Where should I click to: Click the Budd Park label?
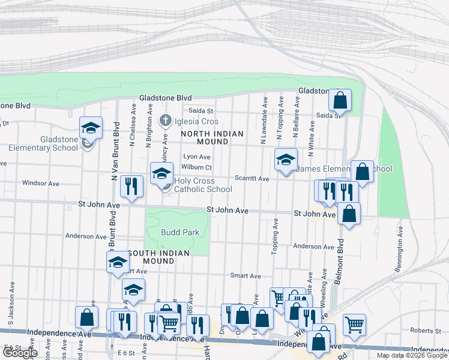click(x=179, y=232)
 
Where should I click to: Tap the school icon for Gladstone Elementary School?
click(x=91, y=127)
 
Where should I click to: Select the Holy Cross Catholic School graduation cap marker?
click(x=161, y=173)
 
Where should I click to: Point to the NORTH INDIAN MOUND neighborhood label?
click(x=212, y=137)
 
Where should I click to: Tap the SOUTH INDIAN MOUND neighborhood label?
click(x=158, y=257)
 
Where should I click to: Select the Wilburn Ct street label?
click(x=197, y=167)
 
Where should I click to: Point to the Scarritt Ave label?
click(x=252, y=179)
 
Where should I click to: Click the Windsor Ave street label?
click(x=40, y=183)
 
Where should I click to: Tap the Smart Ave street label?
click(x=246, y=276)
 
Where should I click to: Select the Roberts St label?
click(x=426, y=331)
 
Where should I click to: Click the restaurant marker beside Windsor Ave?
click(x=130, y=186)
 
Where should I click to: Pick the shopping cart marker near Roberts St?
click(x=355, y=324)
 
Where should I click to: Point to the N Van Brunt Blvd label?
click(x=112, y=159)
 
